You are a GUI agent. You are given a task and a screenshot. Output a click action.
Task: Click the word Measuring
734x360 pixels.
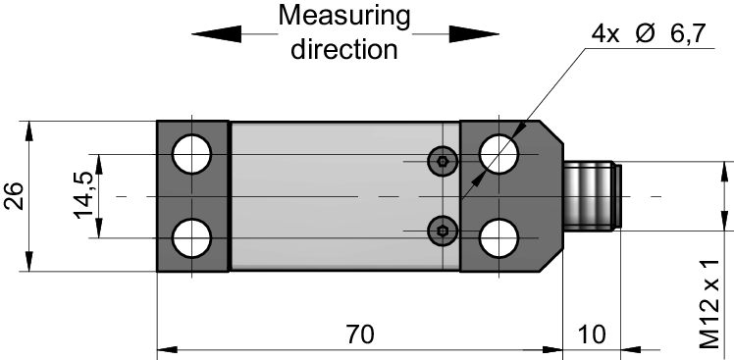pyautogui.click(x=344, y=18)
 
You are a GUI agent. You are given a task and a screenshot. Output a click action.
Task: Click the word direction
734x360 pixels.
pyautogui.click(x=344, y=48)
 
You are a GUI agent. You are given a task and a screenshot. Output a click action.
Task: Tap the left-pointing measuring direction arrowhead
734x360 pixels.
pyautogui.click(x=216, y=33)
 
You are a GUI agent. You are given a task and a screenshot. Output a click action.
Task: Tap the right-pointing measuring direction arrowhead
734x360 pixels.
pyautogui.click(x=474, y=33)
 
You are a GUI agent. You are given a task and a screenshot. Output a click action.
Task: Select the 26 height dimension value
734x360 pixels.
pyautogui.click(x=13, y=196)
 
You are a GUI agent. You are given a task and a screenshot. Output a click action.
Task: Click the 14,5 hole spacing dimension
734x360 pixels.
pyautogui.click(x=83, y=195)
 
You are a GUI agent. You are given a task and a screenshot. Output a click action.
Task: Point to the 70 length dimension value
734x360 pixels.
pyautogui.click(x=360, y=334)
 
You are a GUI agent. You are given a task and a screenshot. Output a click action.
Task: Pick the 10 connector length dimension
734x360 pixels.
pyautogui.click(x=592, y=334)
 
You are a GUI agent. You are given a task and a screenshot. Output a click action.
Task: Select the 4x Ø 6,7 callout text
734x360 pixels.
pyautogui.click(x=649, y=34)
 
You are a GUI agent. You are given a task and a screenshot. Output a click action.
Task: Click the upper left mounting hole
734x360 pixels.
pyautogui.click(x=191, y=154)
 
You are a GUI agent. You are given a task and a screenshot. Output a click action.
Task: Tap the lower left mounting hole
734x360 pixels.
pyautogui.click(x=191, y=237)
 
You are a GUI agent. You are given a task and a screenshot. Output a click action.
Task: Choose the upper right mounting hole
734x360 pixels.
pyautogui.click(x=499, y=154)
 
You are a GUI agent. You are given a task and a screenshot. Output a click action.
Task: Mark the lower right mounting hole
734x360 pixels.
pyautogui.click(x=499, y=237)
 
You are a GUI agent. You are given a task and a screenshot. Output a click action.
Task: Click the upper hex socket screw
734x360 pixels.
pyautogui.click(x=443, y=162)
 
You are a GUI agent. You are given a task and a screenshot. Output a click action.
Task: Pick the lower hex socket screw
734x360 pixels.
pyautogui.click(x=443, y=231)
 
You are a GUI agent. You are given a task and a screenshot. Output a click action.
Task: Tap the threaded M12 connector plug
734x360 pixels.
pyautogui.click(x=592, y=196)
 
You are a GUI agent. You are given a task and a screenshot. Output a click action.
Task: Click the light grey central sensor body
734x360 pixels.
pyautogui.click(x=345, y=196)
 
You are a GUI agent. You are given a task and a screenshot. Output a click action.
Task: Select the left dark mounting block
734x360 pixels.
pyautogui.click(x=192, y=196)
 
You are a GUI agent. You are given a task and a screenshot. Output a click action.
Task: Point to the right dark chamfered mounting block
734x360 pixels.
pyautogui.click(x=511, y=196)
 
